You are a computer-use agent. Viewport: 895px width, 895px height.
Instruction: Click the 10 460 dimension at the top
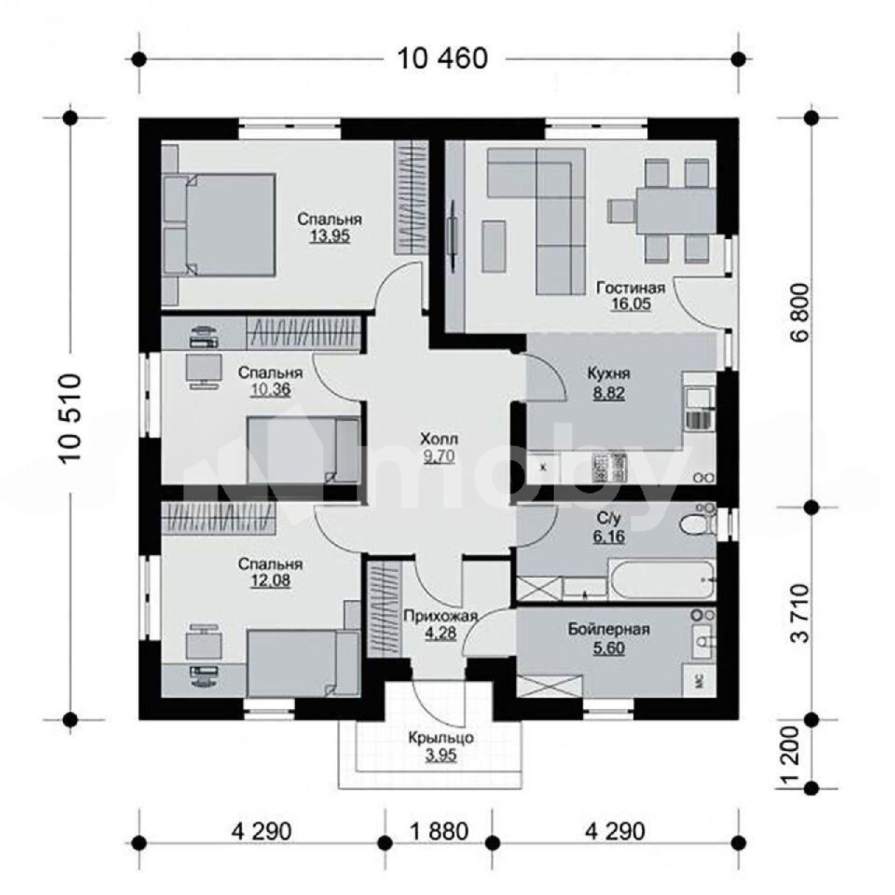(x=442, y=59)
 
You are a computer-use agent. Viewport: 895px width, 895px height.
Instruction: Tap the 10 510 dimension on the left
(x=71, y=418)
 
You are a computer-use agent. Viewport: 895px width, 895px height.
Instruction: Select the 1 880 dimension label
(x=439, y=831)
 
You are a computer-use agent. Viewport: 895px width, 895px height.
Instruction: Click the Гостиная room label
(x=631, y=288)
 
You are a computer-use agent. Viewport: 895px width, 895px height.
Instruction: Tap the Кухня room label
(x=609, y=373)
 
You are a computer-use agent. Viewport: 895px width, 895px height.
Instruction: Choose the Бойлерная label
(x=609, y=629)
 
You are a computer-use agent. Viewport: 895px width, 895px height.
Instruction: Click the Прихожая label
(x=440, y=616)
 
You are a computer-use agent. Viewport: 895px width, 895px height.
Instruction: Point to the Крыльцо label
(x=441, y=738)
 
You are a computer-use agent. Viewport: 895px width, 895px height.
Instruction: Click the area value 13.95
(x=329, y=236)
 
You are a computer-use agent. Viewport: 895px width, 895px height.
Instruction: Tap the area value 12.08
(x=270, y=581)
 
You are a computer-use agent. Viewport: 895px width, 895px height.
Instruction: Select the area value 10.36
(x=270, y=389)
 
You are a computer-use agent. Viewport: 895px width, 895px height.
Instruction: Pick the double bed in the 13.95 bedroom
(x=219, y=225)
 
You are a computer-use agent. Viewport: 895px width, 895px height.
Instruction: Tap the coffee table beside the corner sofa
(x=494, y=246)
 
